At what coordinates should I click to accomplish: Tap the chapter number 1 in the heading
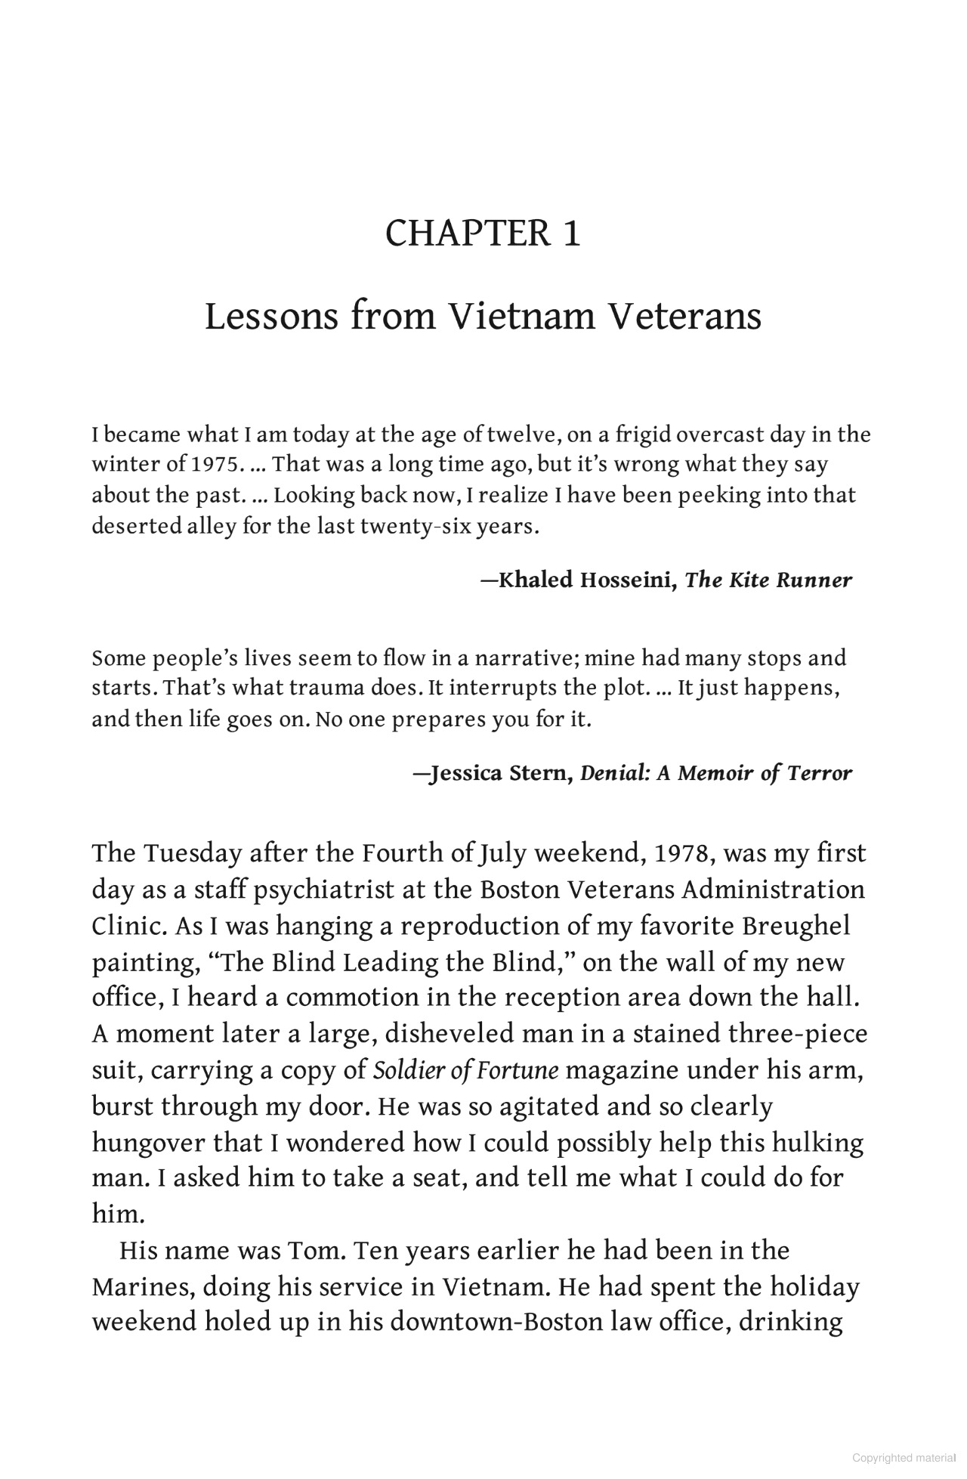tap(570, 234)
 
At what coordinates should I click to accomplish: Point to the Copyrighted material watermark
tap(904, 1459)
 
